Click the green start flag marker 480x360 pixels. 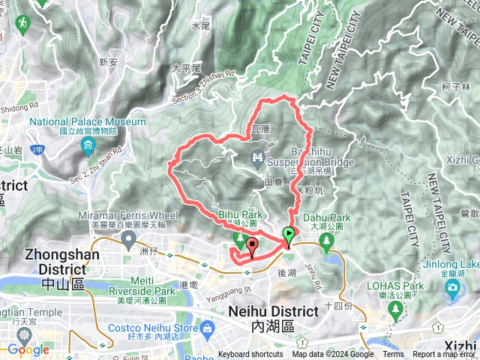[289, 235]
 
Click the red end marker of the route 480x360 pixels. [251, 245]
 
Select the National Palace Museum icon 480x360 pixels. [88, 144]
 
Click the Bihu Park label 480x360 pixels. [238, 214]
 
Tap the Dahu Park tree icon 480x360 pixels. [326, 240]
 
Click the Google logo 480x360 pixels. [28, 349]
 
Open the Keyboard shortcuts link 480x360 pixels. [250, 355]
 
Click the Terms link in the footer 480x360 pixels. [393, 355]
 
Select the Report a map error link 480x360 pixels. [443, 355]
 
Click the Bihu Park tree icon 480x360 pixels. [239, 240]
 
